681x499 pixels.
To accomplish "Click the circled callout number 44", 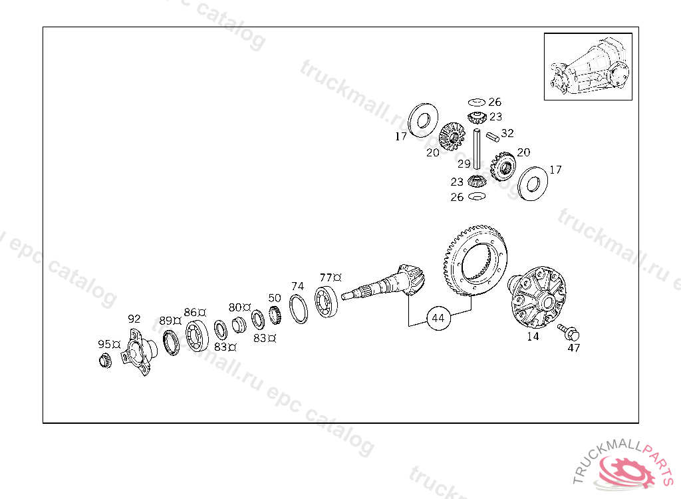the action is click(x=438, y=319).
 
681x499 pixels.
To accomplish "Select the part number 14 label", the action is click(x=533, y=336).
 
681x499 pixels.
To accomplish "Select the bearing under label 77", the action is click(x=328, y=302).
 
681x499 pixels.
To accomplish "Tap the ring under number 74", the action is click(x=299, y=309).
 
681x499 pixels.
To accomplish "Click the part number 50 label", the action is click(x=275, y=298).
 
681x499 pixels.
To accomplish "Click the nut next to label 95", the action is click(x=104, y=361).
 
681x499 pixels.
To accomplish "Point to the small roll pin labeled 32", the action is click(x=493, y=137).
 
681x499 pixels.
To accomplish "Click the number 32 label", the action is click(x=507, y=133).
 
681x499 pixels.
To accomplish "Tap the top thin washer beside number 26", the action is click(x=475, y=102).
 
